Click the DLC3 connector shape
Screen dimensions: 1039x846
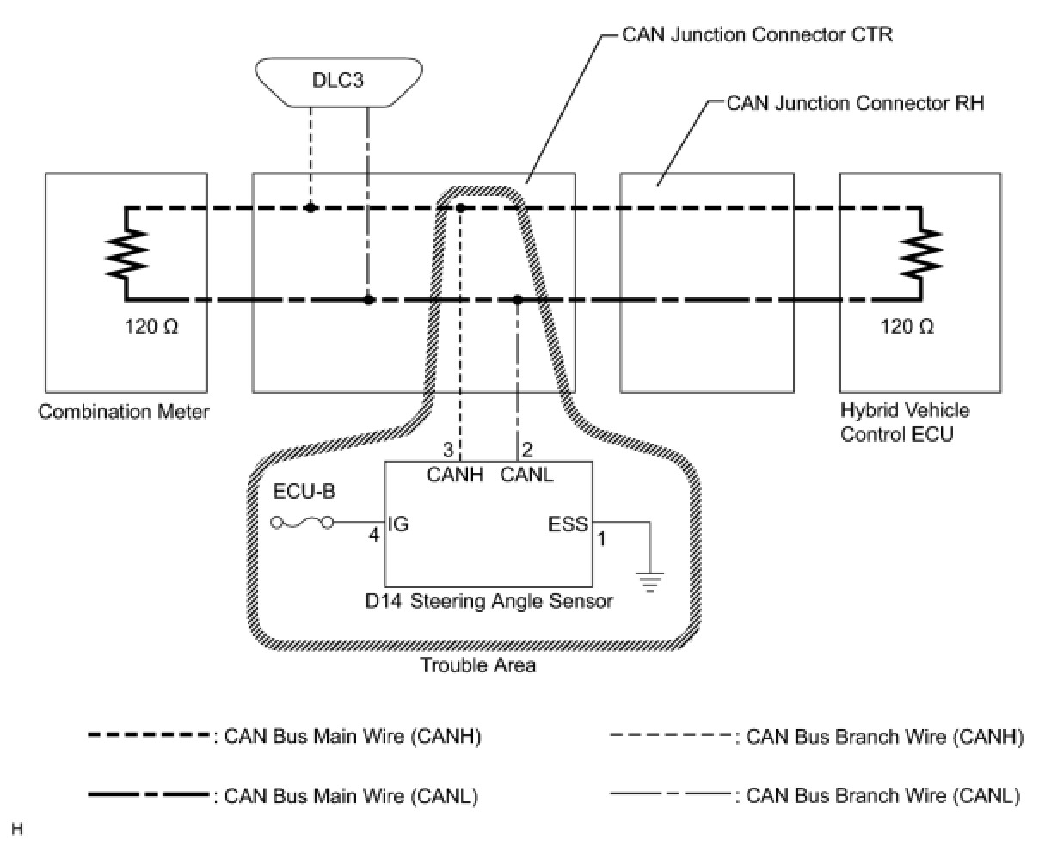[x=339, y=82]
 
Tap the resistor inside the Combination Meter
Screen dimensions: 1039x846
[x=126, y=254]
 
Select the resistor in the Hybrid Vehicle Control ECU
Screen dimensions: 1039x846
[x=921, y=252]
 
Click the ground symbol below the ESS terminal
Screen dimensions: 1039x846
[x=649, y=582]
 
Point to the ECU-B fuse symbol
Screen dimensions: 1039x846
[x=303, y=524]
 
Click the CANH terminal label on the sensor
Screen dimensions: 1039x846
[x=455, y=475]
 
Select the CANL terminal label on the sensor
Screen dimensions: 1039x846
[x=527, y=475]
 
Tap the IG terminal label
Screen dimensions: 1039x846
[x=398, y=524]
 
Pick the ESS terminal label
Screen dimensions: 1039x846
[x=569, y=524]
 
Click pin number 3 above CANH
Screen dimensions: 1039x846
[x=448, y=449]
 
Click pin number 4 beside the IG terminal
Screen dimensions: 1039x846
[x=374, y=535]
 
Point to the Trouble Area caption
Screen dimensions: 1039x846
[x=478, y=665]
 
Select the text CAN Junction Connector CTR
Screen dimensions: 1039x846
[x=758, y=34]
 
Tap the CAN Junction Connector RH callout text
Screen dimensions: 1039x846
[x=855, y=103]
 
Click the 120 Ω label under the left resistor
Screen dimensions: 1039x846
[x=151, y=326]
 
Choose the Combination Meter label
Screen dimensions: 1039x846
[x=124, y=412]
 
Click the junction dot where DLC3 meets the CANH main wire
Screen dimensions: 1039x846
[x=310, y=208]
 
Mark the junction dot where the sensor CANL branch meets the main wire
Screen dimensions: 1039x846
[x=518, y=300]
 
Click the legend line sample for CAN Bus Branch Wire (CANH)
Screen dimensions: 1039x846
[x=671, y=735]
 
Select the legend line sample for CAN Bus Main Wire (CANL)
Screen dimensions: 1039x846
[x=149, y=794]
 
